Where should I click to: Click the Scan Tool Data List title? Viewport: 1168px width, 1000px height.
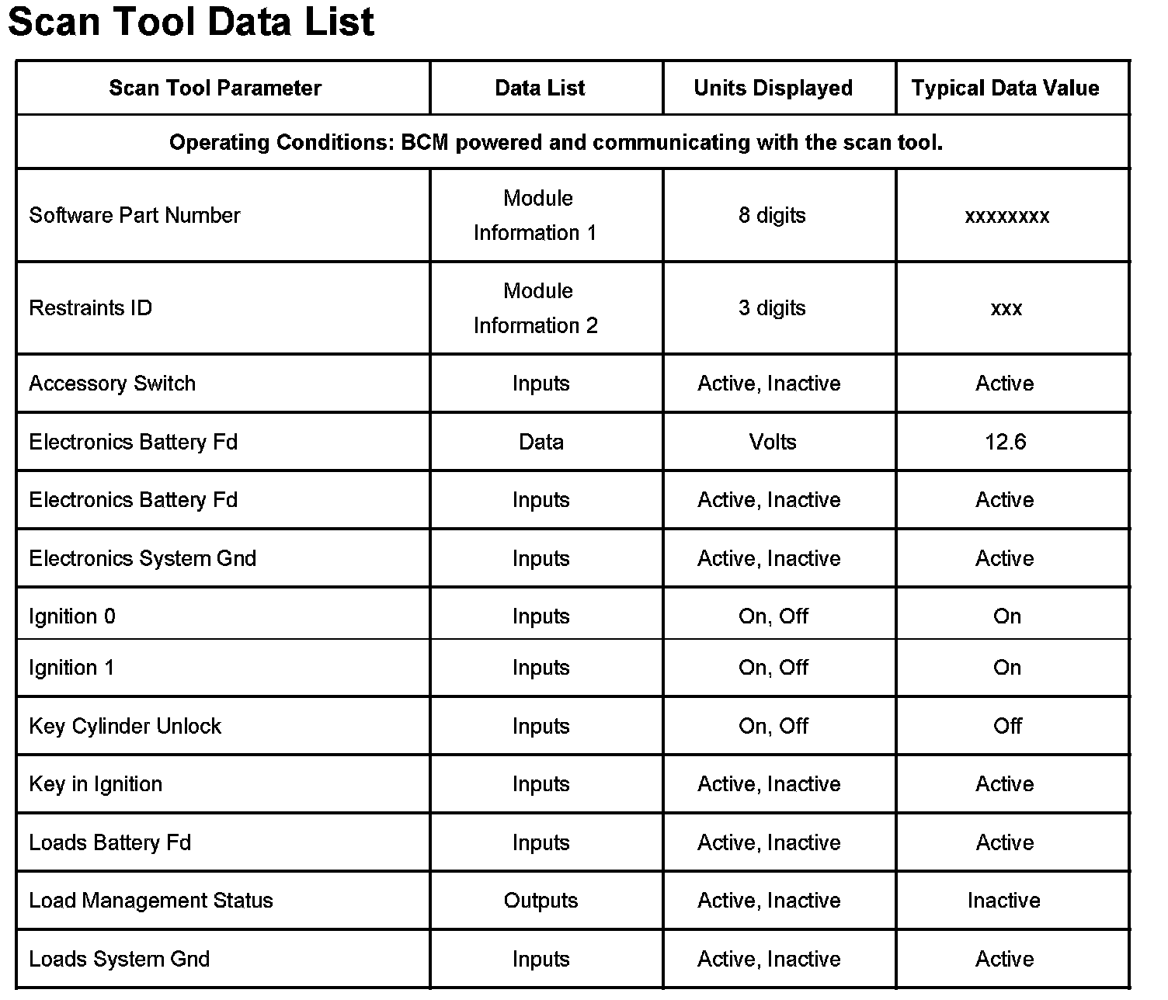click(x=191, y=22)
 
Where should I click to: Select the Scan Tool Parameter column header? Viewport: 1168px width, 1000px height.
click(x=215, y=88)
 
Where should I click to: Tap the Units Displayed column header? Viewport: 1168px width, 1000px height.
click(x=773, y=88)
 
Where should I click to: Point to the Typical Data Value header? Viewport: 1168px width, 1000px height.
click(x=1005, y=88)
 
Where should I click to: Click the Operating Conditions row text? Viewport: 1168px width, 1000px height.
click(x=556, y=143)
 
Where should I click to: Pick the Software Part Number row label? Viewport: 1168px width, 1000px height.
click(x=134, y=215)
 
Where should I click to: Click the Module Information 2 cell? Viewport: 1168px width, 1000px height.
click(x=537, y=308)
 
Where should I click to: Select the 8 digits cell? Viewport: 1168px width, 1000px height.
click(x=772, y=215)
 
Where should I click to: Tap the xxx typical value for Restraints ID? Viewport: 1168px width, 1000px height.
click(x=1006, y=308)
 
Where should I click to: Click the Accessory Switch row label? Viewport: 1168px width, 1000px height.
click(x=112, y=384)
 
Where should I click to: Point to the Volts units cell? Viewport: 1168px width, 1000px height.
click(x=773, y=442)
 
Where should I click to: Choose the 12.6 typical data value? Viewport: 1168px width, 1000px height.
click(x=1006, y=442)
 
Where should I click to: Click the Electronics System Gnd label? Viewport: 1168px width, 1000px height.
click(x=142, y=558)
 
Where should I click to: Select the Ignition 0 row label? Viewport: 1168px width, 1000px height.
click(x=72, y=616)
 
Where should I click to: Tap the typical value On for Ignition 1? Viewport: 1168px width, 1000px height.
click(x=1007, y=668)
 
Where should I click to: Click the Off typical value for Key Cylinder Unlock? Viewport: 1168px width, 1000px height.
click(x=1007, y=726)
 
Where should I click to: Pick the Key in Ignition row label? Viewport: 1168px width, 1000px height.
click(x=96, y=784)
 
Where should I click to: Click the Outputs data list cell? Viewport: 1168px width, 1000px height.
click(x=541, y=901)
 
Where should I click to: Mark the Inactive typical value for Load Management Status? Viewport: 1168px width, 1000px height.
click(x=1004, y=901)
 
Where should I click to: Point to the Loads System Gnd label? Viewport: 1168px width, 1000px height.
click(x=119, y=959)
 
